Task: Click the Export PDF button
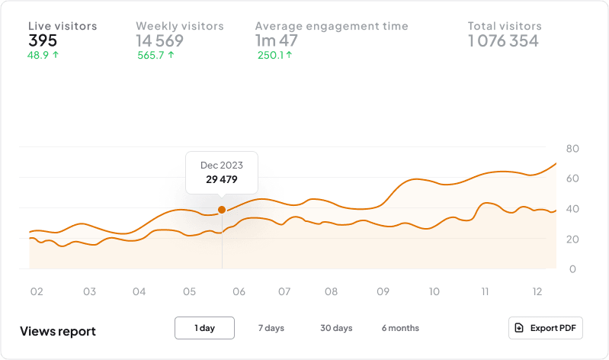coord(546,328)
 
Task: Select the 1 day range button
coord(204,328)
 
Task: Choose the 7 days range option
coord(271,328)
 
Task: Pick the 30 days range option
coord(336,328)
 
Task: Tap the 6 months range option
coord(400,328)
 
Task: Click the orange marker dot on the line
coord(222,210)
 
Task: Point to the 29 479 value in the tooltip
coord(222,180)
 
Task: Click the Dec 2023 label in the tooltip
coord(222,166)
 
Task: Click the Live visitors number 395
coord(43,40)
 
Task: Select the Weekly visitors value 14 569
coord(159,40)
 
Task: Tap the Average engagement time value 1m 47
coord(277,40)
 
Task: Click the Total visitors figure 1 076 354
coord(503,40)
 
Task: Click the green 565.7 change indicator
coord(156,55)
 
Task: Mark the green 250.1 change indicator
coord(274,55)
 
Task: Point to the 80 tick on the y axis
coord(572,148)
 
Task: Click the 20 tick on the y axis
coord(572,239)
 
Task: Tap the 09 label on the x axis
coord(383,292)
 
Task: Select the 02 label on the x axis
coord(36,292)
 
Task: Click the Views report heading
coord(58,332)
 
